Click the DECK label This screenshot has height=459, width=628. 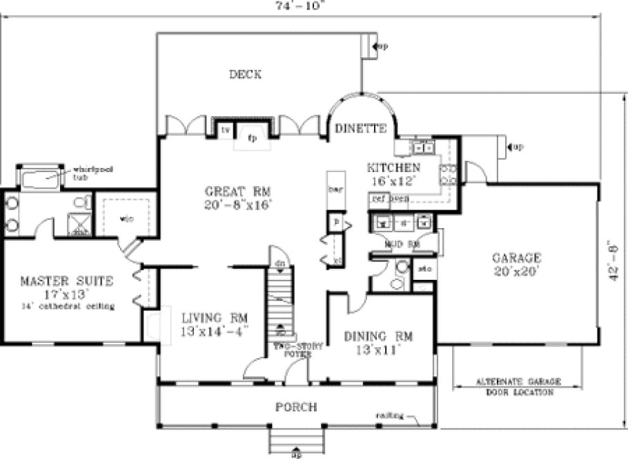[245, 75]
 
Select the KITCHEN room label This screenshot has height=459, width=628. [393, 168]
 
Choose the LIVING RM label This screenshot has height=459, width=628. [215, 318]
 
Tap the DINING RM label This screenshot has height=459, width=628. [378, 337]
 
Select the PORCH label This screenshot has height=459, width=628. [296, 407]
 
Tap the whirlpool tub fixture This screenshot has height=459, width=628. [39, 178]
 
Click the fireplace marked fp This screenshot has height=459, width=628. [253, 136]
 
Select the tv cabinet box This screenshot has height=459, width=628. [225, 129]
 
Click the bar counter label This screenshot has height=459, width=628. [335, 188]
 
